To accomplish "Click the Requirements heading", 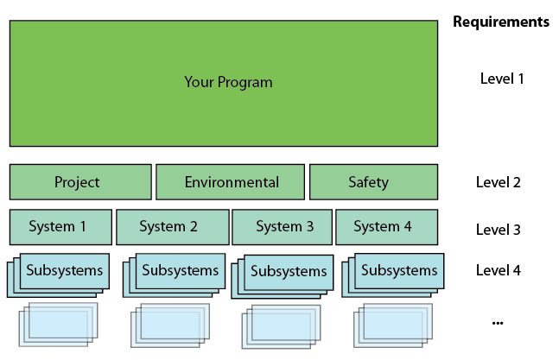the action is click(x=501, y=22).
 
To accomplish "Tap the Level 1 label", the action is click(x=502, y=79).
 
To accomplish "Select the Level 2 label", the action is click(x=498, y=182).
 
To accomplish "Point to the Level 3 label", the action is click(x=498, y=230).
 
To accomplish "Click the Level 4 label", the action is click(x=498, y=270).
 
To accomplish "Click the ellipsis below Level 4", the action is click(x=498, y=324).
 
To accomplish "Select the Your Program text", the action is click(x=228, y=82).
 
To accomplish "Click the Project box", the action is click(x=80, y=182).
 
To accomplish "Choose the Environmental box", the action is click(x=231, y=182).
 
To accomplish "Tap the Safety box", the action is click(x=373, y=182).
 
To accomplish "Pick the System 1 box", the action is click(x=60, y=227).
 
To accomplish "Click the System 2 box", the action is click(x=173, y=227).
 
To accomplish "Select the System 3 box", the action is click(x=282, y=227).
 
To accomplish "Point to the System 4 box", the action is click(x=387, y=227).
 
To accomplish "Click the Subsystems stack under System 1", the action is click(x=58, y=275).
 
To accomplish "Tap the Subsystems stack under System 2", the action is click(x=174, y=275).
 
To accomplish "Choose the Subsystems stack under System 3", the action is click(x=283, y=276).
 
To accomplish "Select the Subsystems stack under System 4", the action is click(x=393, y=275).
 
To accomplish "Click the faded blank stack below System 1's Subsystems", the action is click(x=58, y=325).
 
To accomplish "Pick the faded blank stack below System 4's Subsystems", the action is click(x=393, y=325).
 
